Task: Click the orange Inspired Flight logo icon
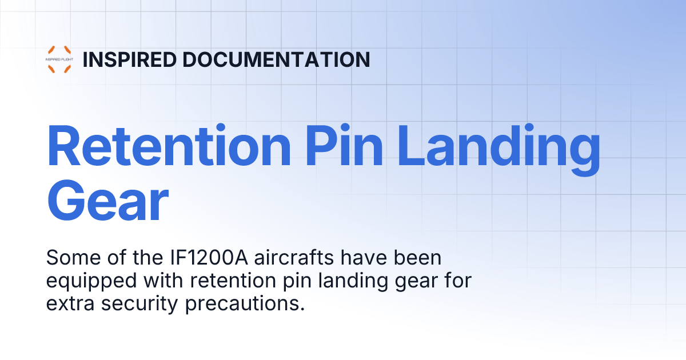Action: click(x=59, y=59)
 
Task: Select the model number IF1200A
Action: click(x=198, y=258)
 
